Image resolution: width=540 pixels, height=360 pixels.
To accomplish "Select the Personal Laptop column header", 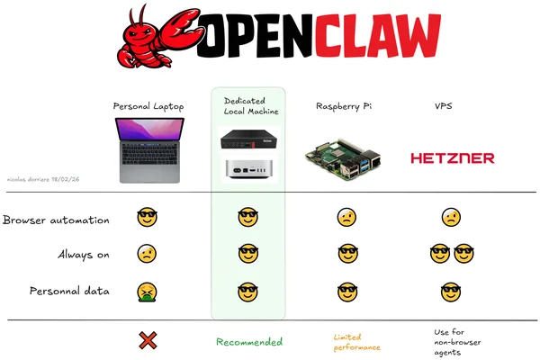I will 148,106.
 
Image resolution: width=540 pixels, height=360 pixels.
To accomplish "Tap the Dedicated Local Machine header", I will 250,106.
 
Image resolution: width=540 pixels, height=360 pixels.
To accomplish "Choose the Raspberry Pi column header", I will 344,106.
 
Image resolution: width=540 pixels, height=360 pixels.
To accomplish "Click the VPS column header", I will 444,106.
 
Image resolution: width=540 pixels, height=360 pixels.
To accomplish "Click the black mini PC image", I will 247,139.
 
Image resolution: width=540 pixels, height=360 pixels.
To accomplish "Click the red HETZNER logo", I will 452,158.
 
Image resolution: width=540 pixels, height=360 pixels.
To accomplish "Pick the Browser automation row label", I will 56,220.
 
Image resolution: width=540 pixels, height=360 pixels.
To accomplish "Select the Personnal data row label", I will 69,291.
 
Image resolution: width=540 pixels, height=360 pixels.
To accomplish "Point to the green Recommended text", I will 248,342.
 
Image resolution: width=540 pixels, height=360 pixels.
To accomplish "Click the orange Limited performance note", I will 356,341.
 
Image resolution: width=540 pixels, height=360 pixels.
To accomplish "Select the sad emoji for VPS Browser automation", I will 451,217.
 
